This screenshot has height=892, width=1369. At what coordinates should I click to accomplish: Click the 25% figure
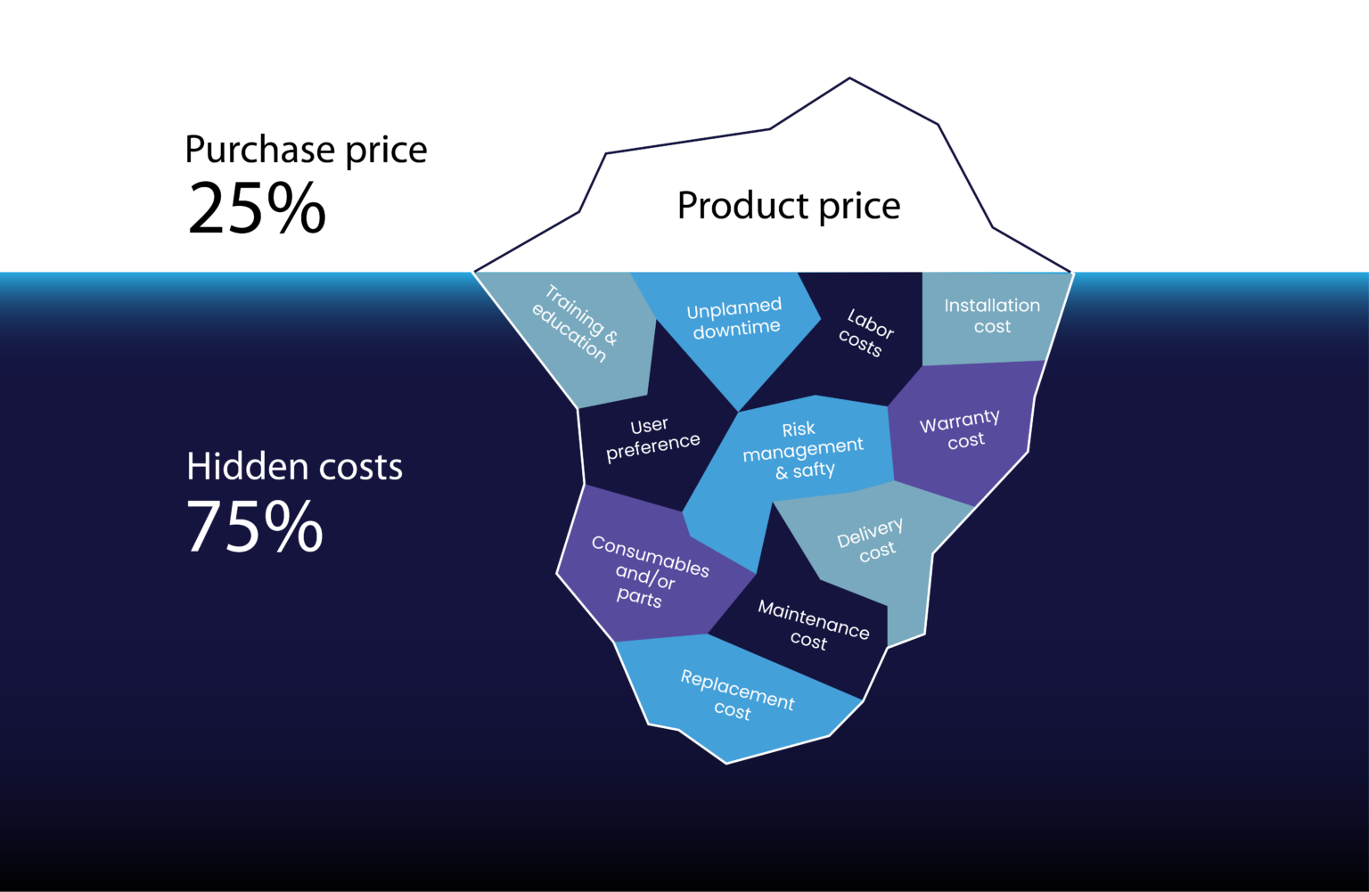point(257,209)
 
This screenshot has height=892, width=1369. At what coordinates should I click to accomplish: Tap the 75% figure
point(255,527)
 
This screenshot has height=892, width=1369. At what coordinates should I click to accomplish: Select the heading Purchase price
point(306,150)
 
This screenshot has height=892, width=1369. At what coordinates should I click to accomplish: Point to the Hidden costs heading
point(294,467)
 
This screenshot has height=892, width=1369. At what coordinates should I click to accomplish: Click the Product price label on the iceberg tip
point(789,206)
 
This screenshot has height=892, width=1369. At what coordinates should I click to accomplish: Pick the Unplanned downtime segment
point(735,318)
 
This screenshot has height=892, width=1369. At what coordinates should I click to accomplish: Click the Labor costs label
point(865,333)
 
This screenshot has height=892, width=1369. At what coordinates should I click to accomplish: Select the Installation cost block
point(992,316)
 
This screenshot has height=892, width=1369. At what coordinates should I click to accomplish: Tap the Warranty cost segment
point(961,430)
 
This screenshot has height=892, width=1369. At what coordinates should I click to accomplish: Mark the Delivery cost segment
point(871,542)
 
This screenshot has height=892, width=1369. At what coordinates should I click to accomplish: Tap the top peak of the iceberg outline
point(849,78)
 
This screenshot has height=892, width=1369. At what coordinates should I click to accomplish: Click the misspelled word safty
point(814,470)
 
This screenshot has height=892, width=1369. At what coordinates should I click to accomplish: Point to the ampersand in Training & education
point(611,338)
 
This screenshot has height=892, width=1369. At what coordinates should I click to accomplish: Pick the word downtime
point(737,329)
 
